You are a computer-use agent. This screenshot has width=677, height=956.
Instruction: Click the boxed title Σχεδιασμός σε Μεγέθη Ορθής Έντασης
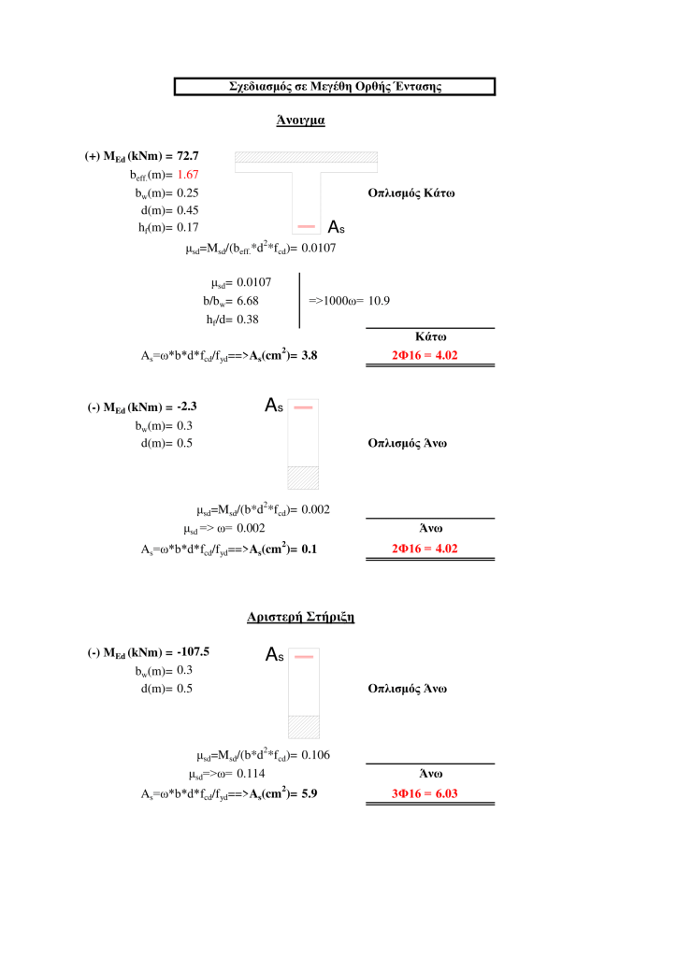(335, 87)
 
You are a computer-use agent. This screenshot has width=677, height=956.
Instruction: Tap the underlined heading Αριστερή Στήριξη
(300, 618)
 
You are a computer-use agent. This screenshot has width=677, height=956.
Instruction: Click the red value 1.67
(188, 175)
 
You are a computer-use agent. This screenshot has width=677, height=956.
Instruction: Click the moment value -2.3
(183, 407)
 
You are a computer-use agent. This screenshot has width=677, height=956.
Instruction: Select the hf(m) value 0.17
(188, 227)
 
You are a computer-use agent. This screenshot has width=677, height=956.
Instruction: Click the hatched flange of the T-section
(306, 157)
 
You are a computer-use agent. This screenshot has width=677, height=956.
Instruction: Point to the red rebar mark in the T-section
(306, 227)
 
